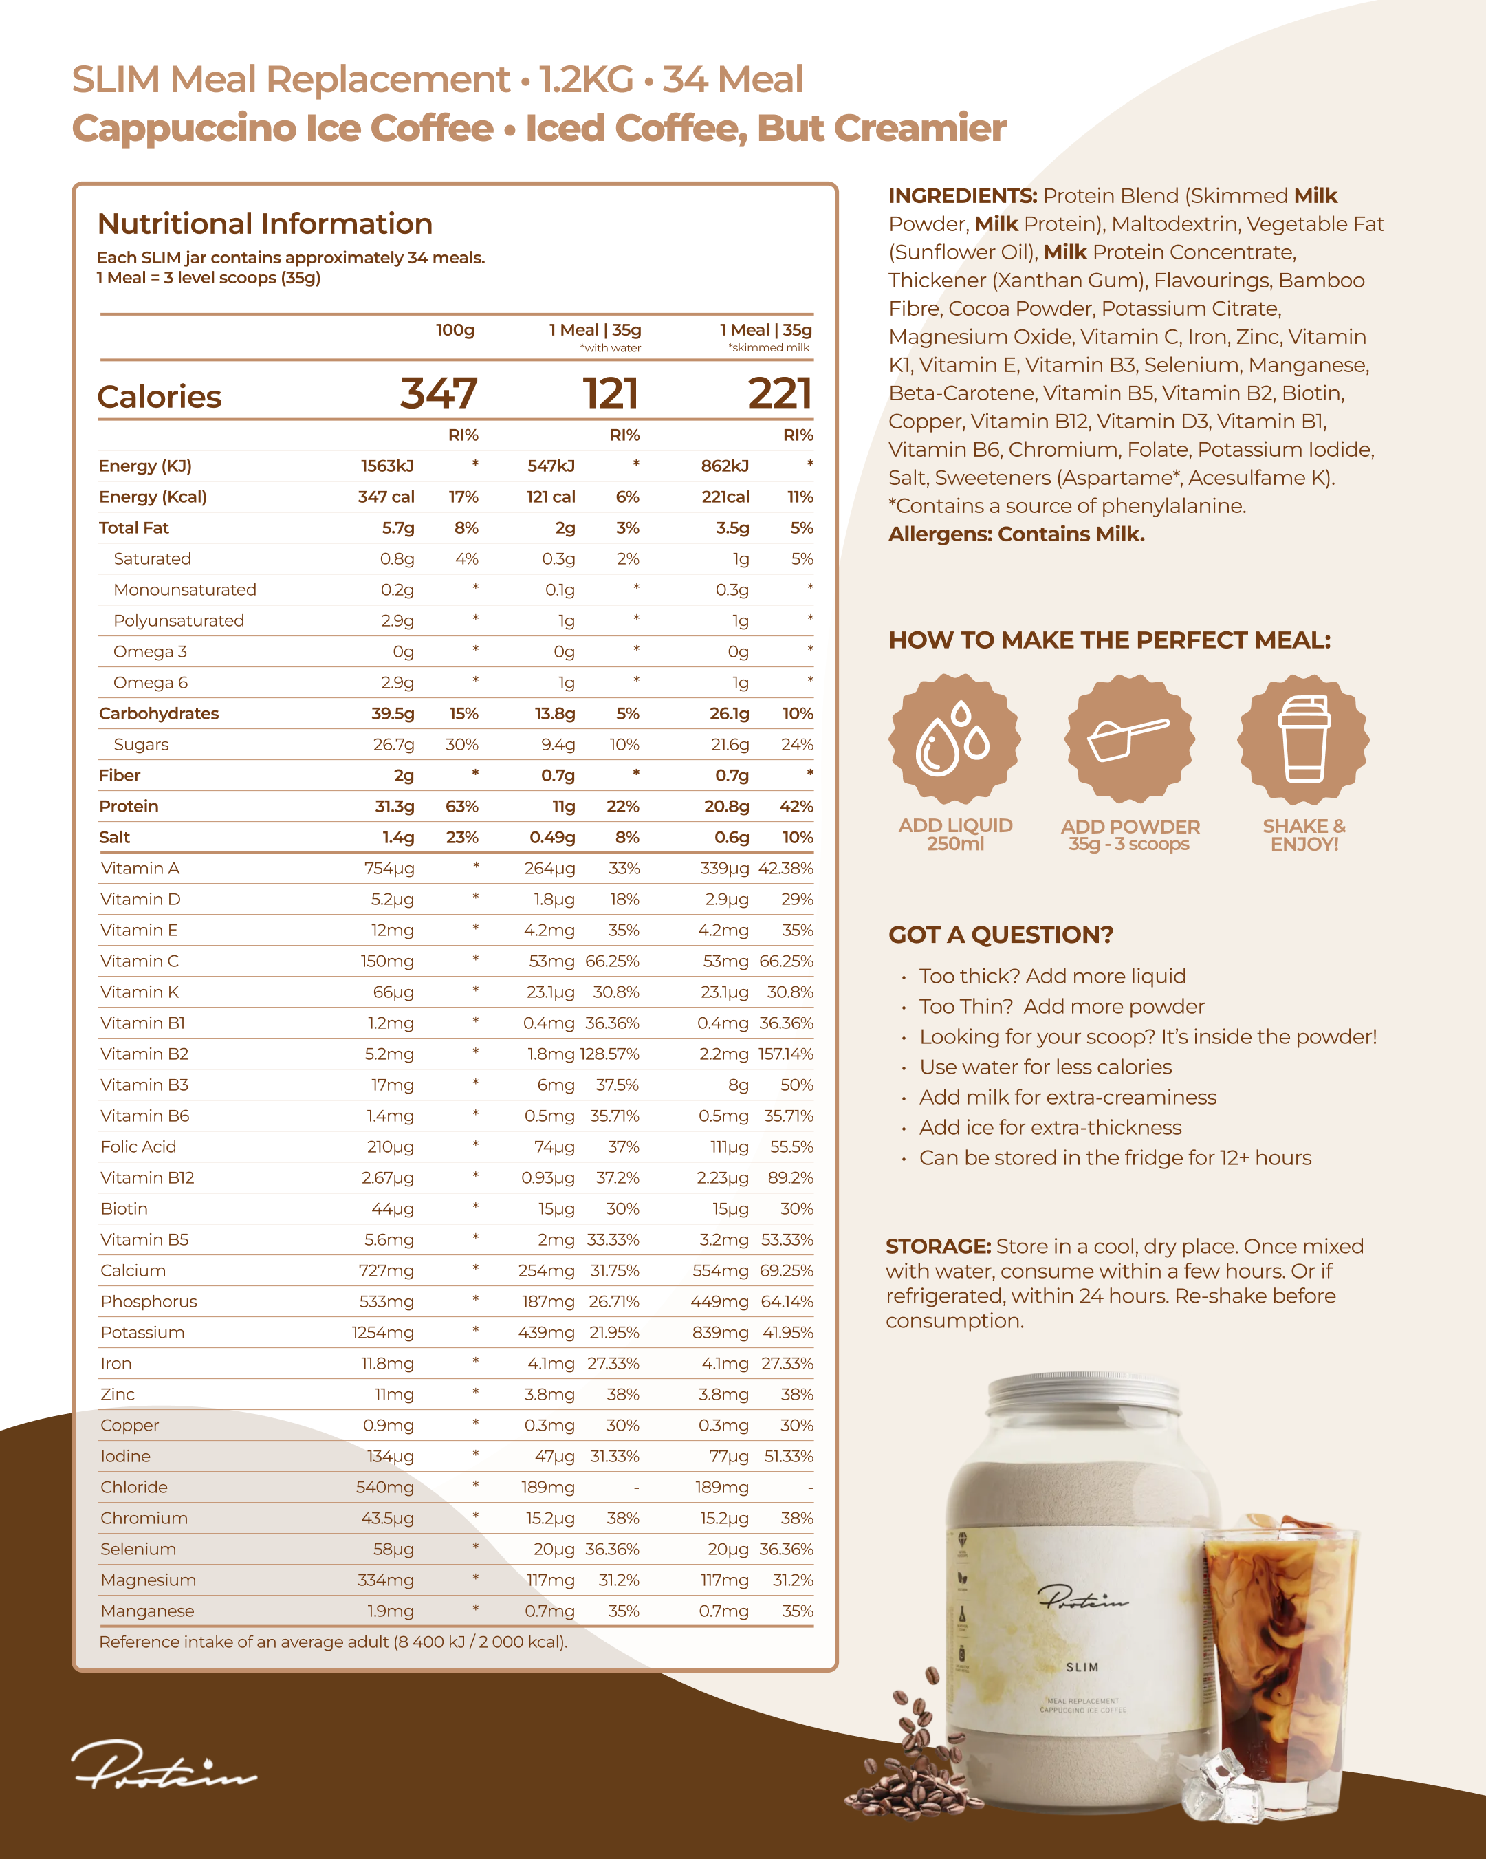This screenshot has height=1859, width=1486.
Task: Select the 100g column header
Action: click(x=455, y=330)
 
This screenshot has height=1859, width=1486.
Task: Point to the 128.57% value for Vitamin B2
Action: click(x=610, y=1054)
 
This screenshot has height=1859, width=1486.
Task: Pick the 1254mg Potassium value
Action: click(x=383, y=1332)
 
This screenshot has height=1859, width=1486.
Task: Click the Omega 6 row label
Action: click(x=150, y=683)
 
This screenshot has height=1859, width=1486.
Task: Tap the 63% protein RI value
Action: click(x=462, y=806)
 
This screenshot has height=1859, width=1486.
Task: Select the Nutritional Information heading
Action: click(x=265, y=224)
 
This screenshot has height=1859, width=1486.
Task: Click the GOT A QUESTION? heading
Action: click(x=1001, y=935)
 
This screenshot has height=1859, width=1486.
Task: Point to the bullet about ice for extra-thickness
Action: click(x=1050, y=1128)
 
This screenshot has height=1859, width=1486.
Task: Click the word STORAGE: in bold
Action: click(x=938, y=1247)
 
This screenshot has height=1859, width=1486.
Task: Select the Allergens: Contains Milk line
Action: click(x=1016, y=534)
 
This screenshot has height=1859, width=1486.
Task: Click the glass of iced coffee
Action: click(x=1278, y=1664)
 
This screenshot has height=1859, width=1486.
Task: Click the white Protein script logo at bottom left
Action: click(x=164, y=1764)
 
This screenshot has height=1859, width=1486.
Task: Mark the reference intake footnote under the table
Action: click(x=333, y=1642)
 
